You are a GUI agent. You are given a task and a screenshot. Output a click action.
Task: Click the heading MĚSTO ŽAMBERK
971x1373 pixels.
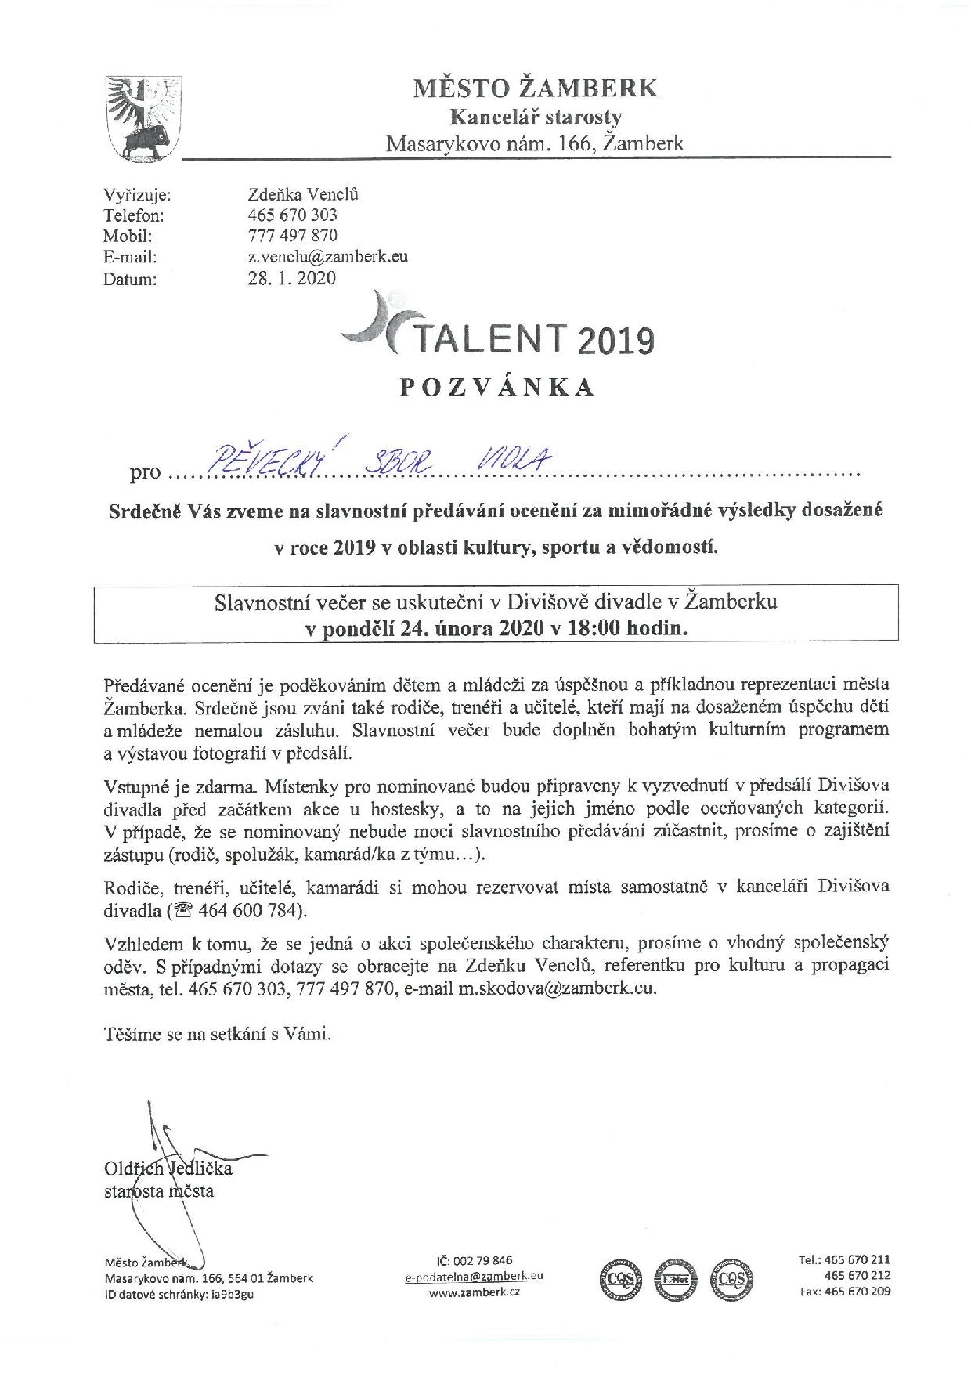(x=536, y=88)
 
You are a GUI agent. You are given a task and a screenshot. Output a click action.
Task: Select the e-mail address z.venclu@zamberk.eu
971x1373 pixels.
(x=327, y=256)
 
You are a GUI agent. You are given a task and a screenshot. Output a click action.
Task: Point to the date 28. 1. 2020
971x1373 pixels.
(x=291, y=277)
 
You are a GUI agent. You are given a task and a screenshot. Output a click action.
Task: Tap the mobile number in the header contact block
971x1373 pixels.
(x=292, y=235)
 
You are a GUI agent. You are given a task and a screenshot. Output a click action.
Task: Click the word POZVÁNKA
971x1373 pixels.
(x=498, y=388)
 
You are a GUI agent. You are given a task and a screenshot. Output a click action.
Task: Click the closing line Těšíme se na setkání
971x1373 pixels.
(x=218, y=1034)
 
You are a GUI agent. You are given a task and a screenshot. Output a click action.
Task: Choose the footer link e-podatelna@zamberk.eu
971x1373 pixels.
(x=475, y=1276)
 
